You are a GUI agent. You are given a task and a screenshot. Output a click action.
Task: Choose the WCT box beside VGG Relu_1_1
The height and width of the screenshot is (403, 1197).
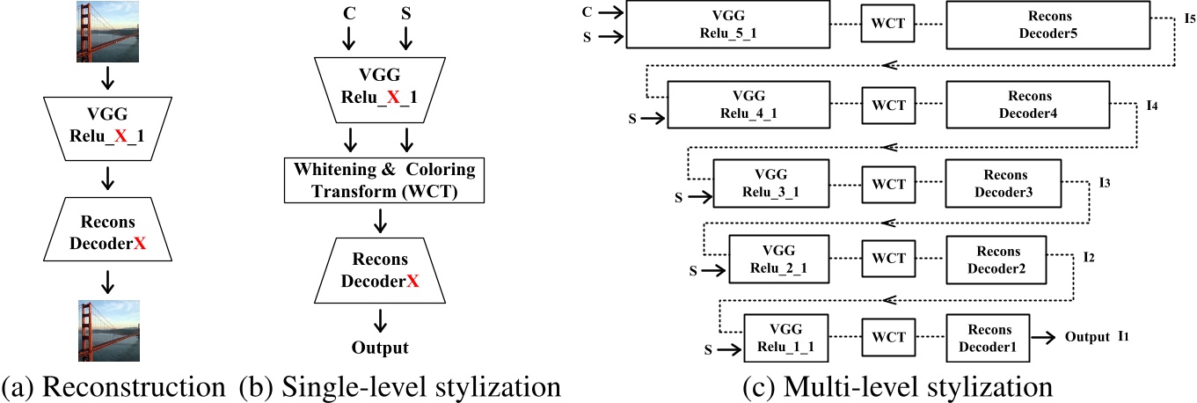(888, 336)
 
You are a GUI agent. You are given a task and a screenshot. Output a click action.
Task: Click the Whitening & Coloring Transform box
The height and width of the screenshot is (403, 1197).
(379, 179)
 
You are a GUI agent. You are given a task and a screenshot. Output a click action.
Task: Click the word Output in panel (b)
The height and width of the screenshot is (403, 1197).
(380, 347)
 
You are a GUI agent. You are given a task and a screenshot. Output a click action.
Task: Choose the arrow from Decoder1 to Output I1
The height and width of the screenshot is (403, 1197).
(1045, 336)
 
